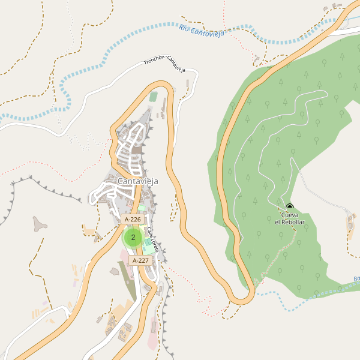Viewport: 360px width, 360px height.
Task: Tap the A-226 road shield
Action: tap(133, 220)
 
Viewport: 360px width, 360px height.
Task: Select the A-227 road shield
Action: tap(140, 260)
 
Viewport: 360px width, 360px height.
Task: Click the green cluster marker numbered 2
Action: tap(133, 237)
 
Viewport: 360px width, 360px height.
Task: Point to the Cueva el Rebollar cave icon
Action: tap(290, 208)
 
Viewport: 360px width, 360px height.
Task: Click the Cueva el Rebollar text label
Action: tap(290, 218)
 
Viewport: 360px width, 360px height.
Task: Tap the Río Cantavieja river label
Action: tap(201, 31)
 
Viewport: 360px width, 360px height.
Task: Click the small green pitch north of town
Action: tap(154, 97)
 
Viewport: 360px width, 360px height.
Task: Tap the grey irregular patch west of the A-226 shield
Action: tap(40, 224)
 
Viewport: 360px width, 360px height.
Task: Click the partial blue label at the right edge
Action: tap(356, 279)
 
